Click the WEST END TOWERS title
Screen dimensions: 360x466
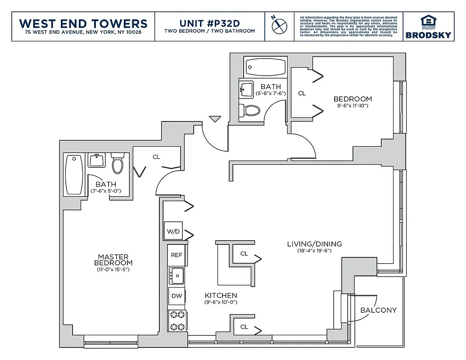(83, 23)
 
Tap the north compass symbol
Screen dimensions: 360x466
(279, 25)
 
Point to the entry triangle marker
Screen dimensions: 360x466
(215, 119)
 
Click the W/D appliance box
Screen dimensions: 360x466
(173, 231)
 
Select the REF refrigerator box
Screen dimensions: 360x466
(176, 255)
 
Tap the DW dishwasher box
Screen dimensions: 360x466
(176, 296)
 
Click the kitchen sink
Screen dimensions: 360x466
(176, 275)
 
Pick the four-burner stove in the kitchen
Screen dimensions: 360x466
(176, 321)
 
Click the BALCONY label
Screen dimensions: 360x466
(379, 310)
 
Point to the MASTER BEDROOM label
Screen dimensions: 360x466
(113, 260)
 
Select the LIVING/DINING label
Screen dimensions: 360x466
(314, 244)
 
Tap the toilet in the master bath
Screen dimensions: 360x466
(118, 164)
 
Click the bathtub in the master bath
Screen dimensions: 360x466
(74, 175)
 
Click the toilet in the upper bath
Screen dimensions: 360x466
(251, 110)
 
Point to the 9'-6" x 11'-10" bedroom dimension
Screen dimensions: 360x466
(353, 106)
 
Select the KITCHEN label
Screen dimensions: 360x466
(221, 296)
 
